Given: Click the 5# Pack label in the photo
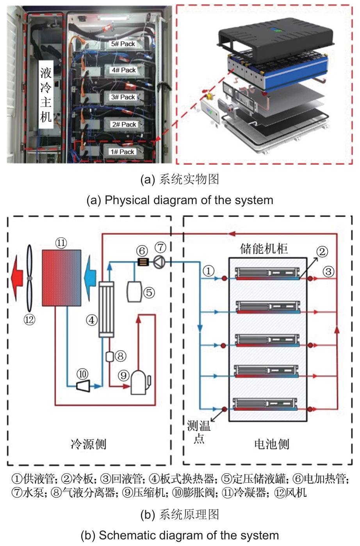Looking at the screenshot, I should coord(123,44).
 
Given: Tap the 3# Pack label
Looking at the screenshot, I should coord(123,97).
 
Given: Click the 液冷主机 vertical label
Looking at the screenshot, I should coord(46,95).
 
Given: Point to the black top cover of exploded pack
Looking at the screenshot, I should coord(273,39).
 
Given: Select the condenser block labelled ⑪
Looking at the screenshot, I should coord(62,277).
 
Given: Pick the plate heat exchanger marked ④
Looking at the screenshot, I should coord(106,309).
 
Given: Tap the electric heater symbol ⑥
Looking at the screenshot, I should coord(143,262).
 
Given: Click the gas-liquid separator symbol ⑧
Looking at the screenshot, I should coord(110,356).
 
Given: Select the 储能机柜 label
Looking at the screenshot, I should coord(264,249).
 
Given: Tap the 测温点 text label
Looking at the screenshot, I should coord(199,432).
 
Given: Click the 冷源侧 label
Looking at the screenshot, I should coord(88,444).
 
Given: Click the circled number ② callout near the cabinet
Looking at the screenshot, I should coord(322,252).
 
